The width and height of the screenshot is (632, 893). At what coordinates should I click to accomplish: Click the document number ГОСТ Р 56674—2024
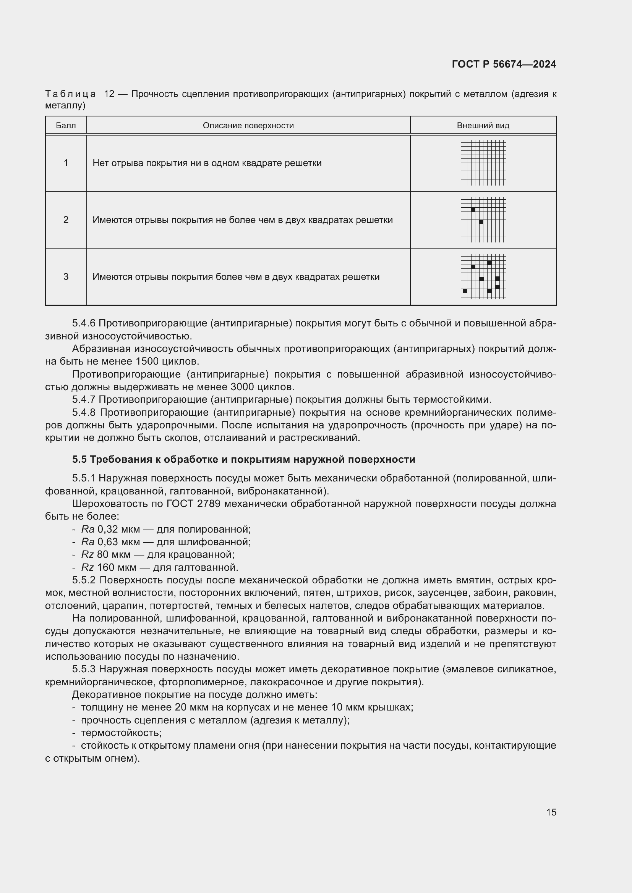pos(504,64)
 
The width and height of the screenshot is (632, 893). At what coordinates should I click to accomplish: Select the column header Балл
pos(66,126)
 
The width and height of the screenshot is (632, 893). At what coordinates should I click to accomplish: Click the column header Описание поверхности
pos(248,126)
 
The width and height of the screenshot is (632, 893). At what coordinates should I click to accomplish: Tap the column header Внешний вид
pos(483,126)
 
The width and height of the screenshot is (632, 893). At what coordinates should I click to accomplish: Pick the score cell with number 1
pos(66,163)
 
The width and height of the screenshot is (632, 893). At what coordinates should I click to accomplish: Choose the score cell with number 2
pos(66,220)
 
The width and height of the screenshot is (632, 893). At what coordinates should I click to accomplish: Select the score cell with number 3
pos(66,276)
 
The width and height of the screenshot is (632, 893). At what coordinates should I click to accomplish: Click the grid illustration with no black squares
pos(483,163)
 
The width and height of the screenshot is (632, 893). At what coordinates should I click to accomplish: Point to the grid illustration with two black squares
pos(483,220)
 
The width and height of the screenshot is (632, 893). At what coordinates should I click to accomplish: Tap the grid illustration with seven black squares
pos(483,276)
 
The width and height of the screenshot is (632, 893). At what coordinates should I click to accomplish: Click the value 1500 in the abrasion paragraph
pos(147,361)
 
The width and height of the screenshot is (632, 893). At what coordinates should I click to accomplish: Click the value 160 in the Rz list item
pos(106,567)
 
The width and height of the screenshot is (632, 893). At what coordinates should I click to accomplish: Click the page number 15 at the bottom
pos(551,812)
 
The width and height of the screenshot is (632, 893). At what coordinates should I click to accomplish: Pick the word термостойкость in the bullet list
pos(121,733)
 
